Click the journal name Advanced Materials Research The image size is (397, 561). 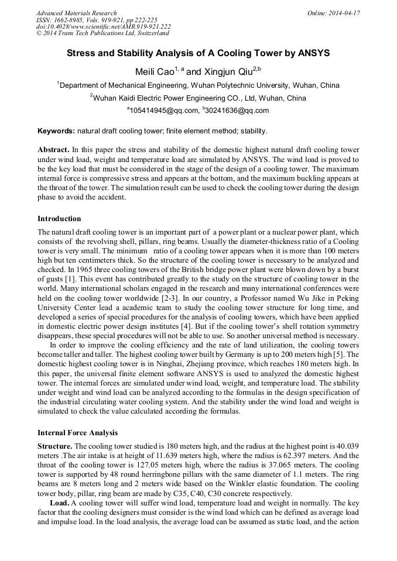pyautogui.click(x=76, y=13)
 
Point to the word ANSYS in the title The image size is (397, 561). pyautogui.click(x=314, y=53)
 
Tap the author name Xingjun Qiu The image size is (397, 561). pyautogui.click(x=225, y=71)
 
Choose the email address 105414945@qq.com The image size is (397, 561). pyautogui.click(x=164, y=111)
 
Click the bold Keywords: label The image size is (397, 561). pyautogui.click(x=56, y=130)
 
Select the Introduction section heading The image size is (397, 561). pyautogui.click(x=59, y=219)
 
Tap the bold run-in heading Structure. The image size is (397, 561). pyautogui.click(x=54, y=446)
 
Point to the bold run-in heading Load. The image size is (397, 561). pyautogui.click(x=59, y=503)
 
